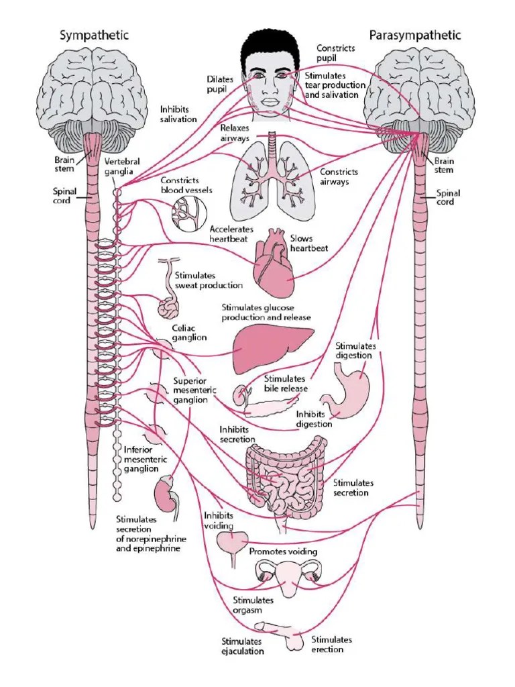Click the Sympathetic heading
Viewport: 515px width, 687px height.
(x=95, y=35)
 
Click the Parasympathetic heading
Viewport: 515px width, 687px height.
(x=416, y=35)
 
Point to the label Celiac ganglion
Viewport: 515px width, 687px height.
(x=189, y=333)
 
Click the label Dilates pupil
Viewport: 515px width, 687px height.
(x=220, y=84)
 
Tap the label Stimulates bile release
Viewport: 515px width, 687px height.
(x=286, y=383)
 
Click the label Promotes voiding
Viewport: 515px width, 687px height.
(x=283, y=551)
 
